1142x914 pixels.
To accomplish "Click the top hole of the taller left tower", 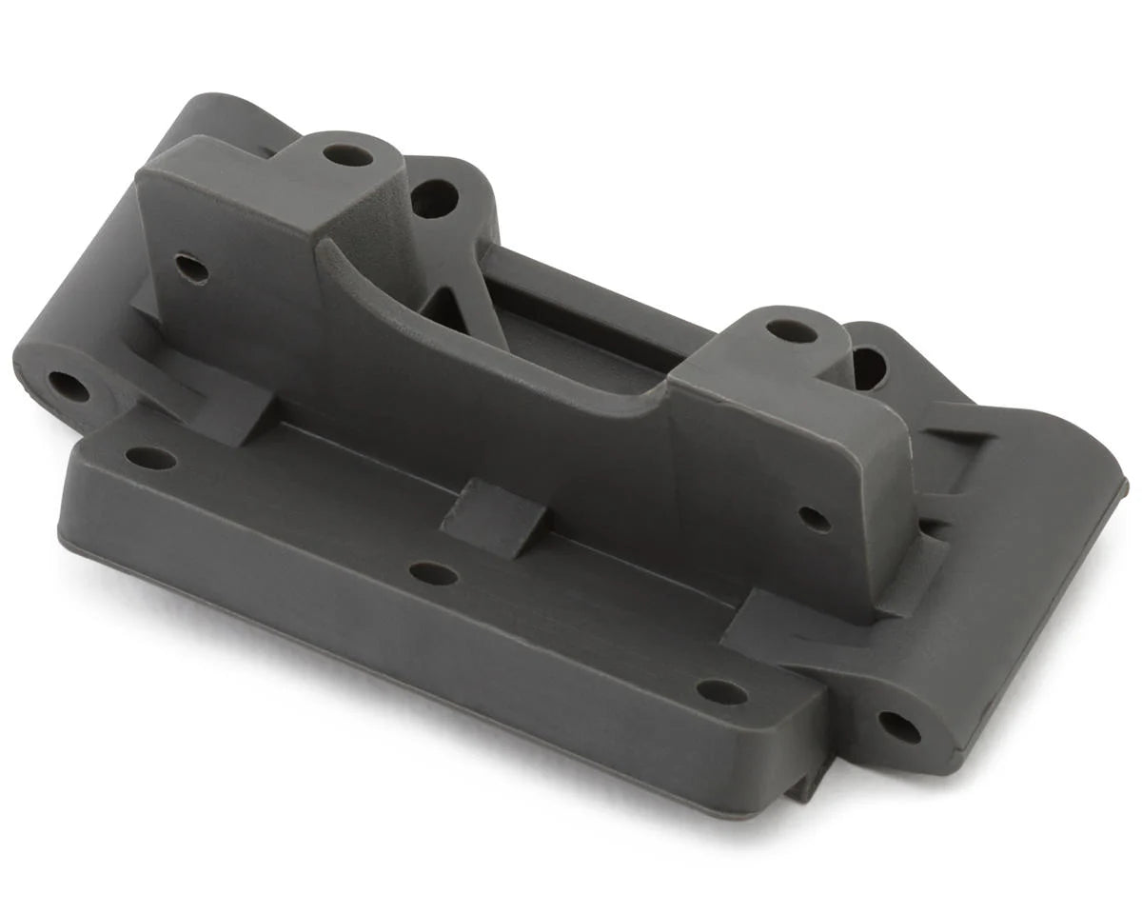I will click(347, 154).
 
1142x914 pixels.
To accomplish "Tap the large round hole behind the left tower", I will click(434, 198).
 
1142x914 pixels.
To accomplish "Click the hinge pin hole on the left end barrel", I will click(69, 386).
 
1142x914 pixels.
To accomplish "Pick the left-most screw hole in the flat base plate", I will click(150, 458).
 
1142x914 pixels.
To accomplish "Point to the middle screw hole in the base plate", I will click(433, 573).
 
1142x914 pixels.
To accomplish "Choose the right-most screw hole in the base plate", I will click(721, 692).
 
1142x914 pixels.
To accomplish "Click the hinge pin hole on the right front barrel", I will click(898, 727).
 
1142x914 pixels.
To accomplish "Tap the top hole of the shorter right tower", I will click(792, 331).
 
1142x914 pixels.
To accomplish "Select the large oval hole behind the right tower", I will click(869, 368).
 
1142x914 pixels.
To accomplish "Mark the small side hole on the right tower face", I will click(815, 519).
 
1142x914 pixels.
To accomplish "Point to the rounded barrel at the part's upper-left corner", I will click(219, 119).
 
